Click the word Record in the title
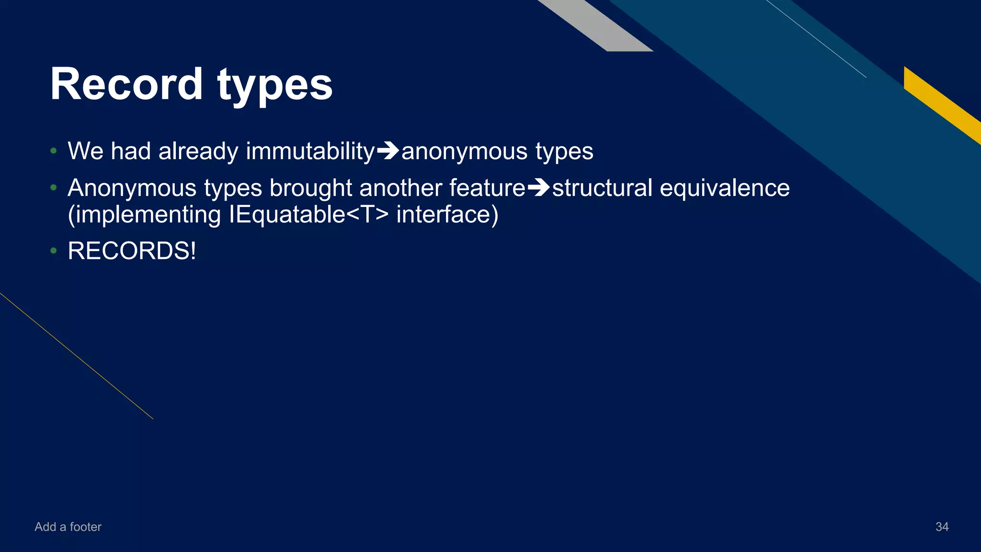point(126,84)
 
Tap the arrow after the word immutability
point(388,151)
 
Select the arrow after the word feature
point(538,188)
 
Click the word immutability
point(310,151)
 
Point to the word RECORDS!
point(132,251)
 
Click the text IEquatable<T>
point(309,214)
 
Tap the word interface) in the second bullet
point(447,214)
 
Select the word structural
point(602,188)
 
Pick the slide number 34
point(942,527)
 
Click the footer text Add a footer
point(68,527)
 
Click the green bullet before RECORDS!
point(54,251)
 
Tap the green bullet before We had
point(54,151)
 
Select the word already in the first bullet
point(198,151)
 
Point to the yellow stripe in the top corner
point(941,103)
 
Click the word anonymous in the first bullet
point(464,151)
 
